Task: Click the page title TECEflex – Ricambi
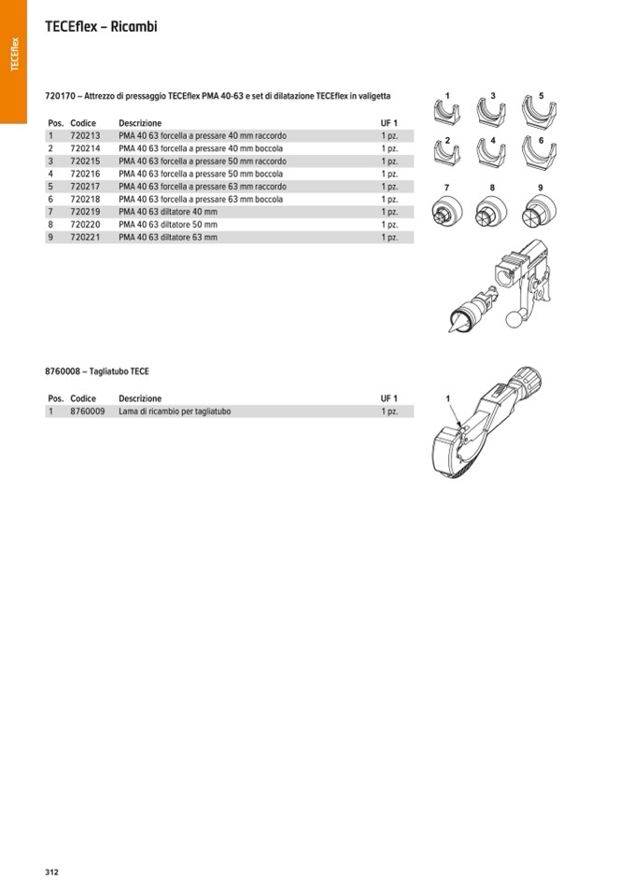click(101, 27)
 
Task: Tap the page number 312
click(52, 872)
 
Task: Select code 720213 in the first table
click(85, 136)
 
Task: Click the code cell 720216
click(85, 174)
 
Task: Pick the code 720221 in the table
click(85, 237)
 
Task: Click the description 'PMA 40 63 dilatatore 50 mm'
click(168, 225)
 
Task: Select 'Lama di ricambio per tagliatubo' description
click(175, 412)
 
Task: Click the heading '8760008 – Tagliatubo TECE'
click(97, 371)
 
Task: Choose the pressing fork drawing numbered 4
click(492, 152)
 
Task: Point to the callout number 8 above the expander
click(492, 189)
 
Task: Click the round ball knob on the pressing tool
click(513, 319)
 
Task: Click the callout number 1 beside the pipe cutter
click(447, 399)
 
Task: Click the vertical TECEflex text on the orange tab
click(14, 54)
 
